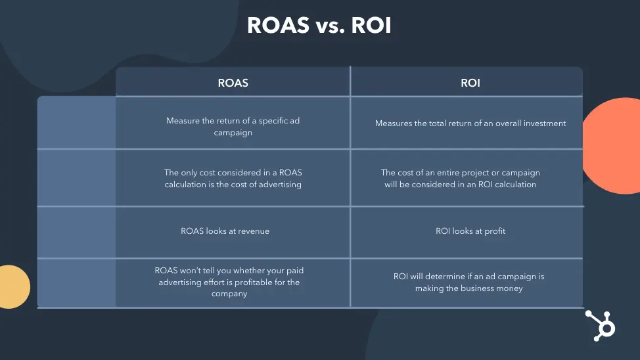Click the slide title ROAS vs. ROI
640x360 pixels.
click(319, 25)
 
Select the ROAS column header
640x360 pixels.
click(233, 83)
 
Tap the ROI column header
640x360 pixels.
click(470, 83)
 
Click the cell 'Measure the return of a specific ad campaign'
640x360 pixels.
click(233, 127)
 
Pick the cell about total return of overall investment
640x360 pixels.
click(470, 124)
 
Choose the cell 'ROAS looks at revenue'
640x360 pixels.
click(225, 231)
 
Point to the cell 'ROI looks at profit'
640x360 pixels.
click(470, 231)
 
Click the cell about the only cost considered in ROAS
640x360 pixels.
click(233, 179)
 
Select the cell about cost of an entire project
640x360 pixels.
click(460, 179)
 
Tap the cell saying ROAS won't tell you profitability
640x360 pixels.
click(229, 282)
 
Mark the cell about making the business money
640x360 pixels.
click(469, 282)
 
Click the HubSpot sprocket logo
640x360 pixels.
click(599, 325)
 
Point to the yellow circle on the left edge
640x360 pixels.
click(13, 286)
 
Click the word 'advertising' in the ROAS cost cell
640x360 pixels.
click(278, 185)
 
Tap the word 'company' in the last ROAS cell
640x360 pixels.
click(229, 294)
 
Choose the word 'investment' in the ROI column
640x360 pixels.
click(542, 124)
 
